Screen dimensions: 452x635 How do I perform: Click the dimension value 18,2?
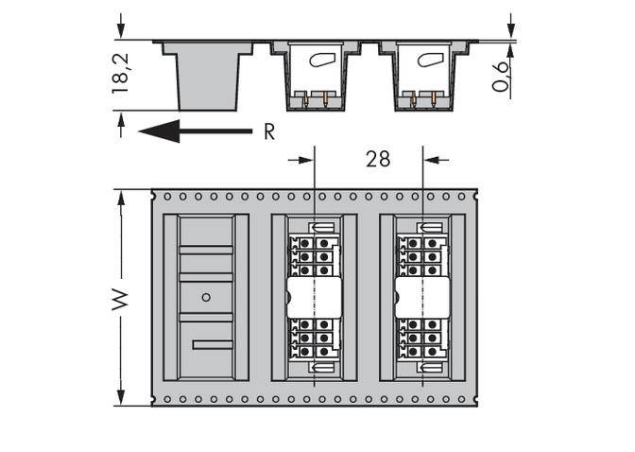121,74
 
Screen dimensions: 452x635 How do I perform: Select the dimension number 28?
378,159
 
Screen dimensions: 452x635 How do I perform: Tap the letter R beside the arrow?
269,132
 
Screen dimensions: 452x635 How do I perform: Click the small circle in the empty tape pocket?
206,297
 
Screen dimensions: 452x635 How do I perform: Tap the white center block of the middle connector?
315,297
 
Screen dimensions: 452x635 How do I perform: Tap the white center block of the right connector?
422,297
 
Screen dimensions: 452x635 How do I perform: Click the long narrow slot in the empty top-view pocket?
212,344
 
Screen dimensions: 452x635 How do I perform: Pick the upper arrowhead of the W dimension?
121,196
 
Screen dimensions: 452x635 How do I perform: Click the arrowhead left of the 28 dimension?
306,159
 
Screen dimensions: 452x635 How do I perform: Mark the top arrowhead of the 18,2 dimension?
121,33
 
